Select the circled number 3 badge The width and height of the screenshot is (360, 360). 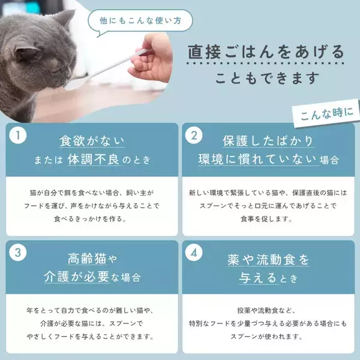(18, 253)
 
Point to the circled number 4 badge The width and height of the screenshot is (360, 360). (194, 253)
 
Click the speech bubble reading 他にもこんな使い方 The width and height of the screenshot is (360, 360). (140, 21)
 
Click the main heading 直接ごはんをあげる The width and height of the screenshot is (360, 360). (266, 52)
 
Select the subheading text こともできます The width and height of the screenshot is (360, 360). (267, 78)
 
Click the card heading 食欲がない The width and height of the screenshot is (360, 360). (92, 141)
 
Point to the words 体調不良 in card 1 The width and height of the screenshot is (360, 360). (94, 159)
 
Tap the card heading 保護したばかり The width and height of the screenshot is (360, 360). (268, 140)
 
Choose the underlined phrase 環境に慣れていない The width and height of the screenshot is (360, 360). (257, 159)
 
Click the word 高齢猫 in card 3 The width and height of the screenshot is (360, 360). (87, 259)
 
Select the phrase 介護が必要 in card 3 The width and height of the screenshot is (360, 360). (76, 277)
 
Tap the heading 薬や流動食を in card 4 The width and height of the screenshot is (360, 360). (268, 260)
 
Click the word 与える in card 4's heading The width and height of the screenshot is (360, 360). (257, 278)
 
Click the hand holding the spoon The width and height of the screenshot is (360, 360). (152, 59)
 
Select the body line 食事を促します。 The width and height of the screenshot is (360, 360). (266, 219)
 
